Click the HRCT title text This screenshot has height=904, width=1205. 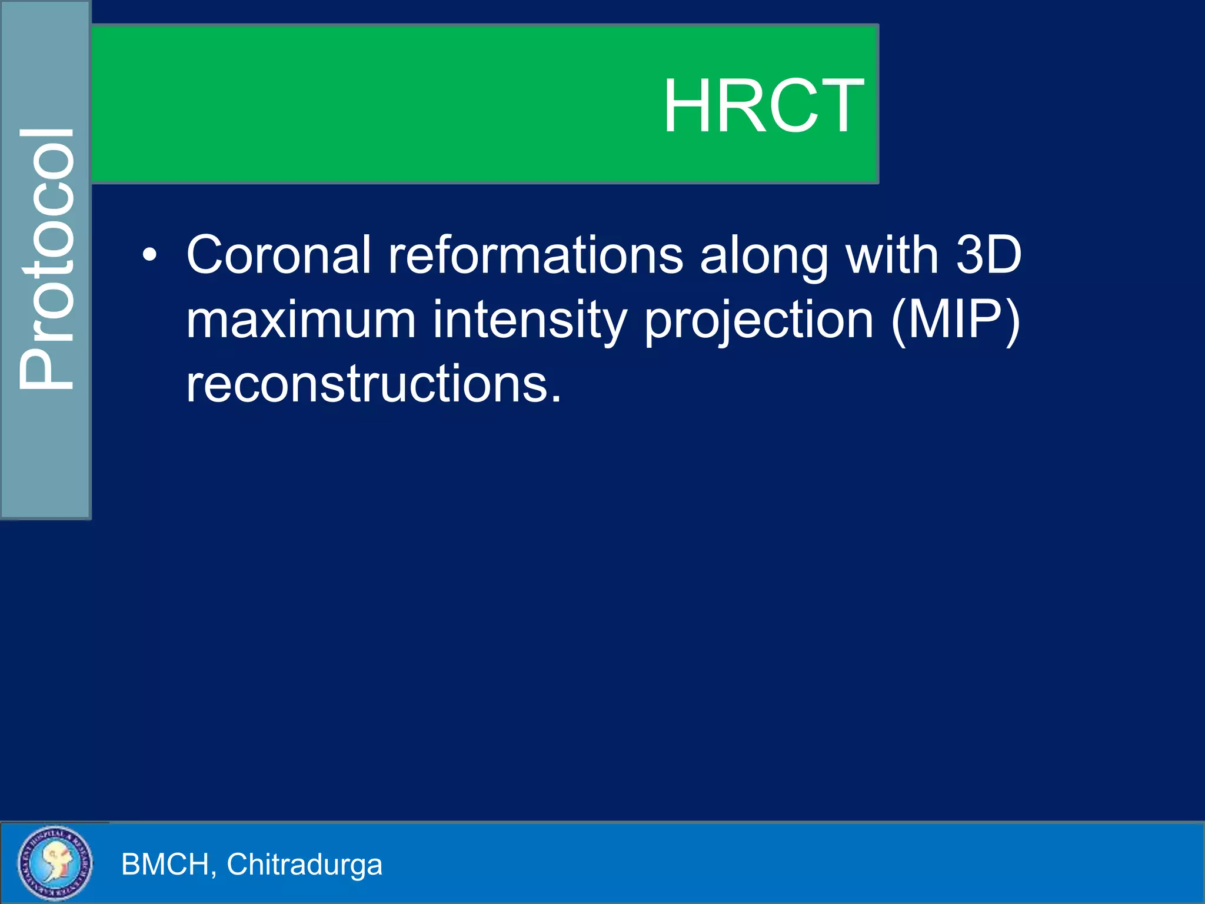(763, 107)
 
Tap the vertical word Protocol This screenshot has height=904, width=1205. (47, 259)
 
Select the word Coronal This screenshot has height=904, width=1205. (279, 255)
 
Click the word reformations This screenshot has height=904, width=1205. (535, 255)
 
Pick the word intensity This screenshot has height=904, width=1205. (530, 321)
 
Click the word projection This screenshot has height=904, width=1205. (759, 321)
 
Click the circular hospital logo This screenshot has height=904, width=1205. (55, 863)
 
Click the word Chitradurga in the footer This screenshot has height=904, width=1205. (304, 865)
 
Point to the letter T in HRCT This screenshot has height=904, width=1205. (841, 107)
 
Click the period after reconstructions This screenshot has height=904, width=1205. (556, 400)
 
